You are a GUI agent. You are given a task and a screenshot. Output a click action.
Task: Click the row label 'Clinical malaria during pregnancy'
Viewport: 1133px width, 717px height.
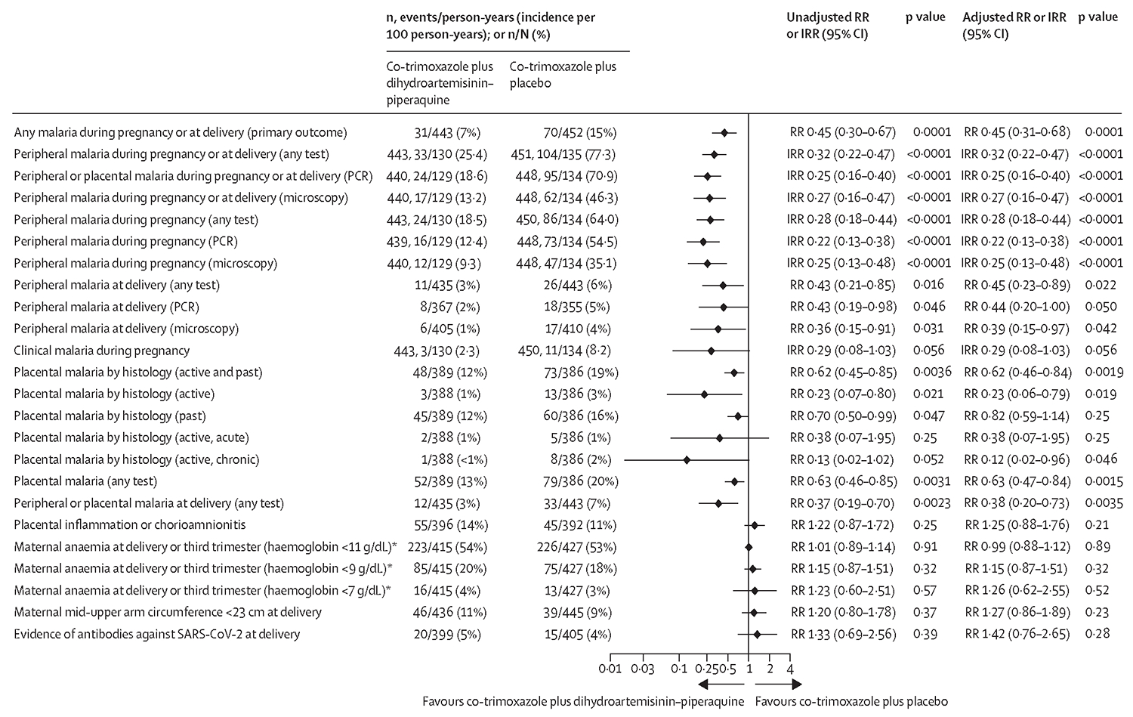point(101,351)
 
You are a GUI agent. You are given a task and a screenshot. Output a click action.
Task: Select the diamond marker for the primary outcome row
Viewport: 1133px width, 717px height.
point(724,132)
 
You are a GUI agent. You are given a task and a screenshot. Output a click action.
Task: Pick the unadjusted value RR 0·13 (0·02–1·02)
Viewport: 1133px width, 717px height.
point(841,459)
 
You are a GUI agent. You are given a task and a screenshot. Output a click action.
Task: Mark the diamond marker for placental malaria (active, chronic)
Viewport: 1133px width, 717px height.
point(687,459)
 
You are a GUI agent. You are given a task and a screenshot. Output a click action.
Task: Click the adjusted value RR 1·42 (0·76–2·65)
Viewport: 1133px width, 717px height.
point(1017,634)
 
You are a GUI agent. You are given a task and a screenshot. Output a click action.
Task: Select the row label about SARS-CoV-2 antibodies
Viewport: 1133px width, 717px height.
point(156,634)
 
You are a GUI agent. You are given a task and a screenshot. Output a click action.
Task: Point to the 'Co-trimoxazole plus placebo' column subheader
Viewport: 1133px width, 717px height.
point(563,74)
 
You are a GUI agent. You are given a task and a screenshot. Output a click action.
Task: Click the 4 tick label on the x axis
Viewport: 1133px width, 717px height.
point(790,669)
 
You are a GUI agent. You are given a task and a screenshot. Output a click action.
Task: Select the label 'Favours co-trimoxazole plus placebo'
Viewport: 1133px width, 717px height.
point(851,701)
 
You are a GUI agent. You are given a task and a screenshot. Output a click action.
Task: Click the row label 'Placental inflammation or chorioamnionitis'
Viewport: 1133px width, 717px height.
point(130,524)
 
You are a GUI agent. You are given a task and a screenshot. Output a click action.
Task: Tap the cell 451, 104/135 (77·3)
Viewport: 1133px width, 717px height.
point(563,154)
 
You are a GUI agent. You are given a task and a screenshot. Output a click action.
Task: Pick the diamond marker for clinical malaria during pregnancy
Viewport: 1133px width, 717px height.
point(711,351)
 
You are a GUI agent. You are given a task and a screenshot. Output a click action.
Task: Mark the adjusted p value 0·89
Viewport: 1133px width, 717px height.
point(1099,546)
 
